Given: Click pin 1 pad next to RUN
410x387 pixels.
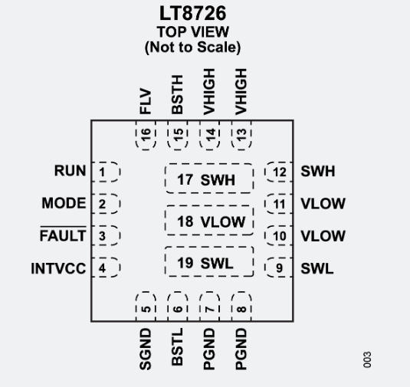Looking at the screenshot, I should pyautogui.click(x=104, y=172).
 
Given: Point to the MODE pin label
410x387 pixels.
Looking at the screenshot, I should pyautogui.click(x=65, y=204).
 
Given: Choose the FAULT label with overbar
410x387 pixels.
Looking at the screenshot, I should pyautogui.click(x=63, y=236).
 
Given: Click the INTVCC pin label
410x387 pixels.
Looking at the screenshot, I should pyautogui.click(x=57, y=269).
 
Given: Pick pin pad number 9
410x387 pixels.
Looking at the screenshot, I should pyautogui.click(x=278, y=268).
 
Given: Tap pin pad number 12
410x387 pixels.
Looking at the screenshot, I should pyautogui.click(x=278, y=172).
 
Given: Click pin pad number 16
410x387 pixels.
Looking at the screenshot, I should pyautogui.click(x=143, y=135).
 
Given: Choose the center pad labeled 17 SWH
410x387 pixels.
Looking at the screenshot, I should pyautogui.click(x=208, y=181).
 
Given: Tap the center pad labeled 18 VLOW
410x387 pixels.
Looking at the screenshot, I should pyautogui.click(x=208, y=222).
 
